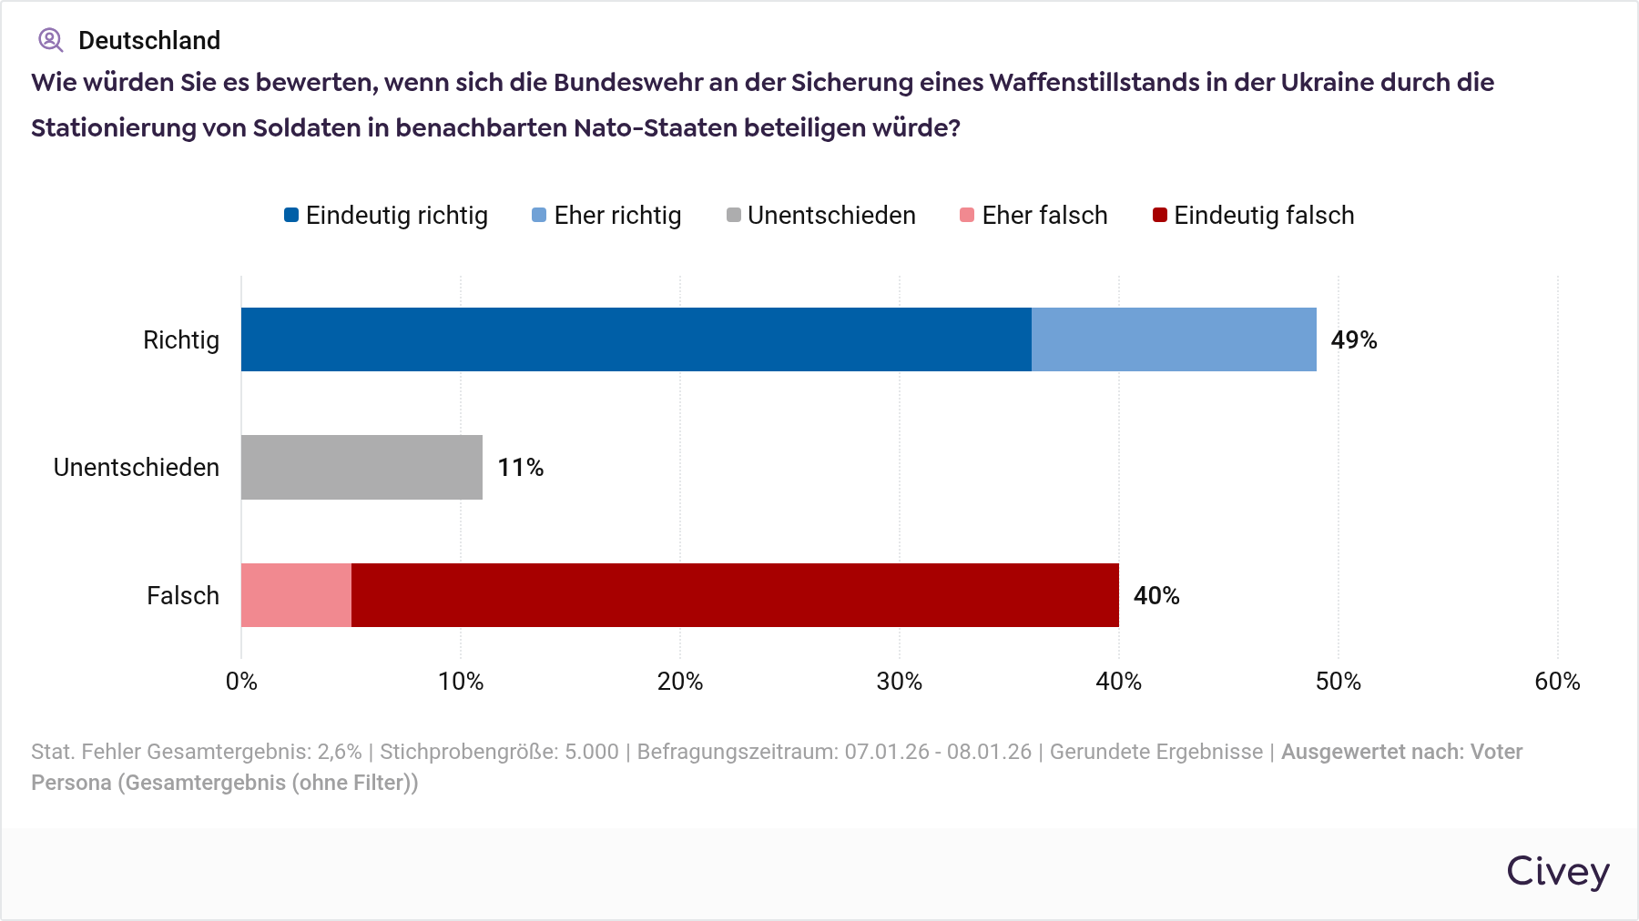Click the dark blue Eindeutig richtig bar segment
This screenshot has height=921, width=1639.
coord(636,339)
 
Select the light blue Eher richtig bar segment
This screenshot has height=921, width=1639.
coord(1174,339)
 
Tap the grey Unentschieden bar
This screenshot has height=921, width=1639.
coord(361,467)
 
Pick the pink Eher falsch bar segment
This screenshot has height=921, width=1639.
coord(296,595)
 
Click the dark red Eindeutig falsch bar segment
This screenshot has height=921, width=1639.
coord(735,595)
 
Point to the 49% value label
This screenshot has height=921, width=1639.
coord(1353,340)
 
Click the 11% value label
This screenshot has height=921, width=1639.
coord(520,468)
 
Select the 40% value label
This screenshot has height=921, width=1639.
coord(1155,596)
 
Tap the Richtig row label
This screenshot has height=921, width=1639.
coord(181,340)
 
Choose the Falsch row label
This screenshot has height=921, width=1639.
coord(183,596)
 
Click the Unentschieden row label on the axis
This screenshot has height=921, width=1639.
coord(137,468)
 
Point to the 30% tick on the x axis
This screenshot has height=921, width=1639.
coord(899,682)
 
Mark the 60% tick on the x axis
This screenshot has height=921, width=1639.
coord(1557,682)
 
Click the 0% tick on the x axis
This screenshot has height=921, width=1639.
coord(241,682)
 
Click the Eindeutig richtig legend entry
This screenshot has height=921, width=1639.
coord(386,216)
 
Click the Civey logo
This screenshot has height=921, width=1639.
coord(1557,872)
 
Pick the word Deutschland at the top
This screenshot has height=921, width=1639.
coord(149,40)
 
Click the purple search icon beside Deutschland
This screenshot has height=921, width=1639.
coord(50,40)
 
